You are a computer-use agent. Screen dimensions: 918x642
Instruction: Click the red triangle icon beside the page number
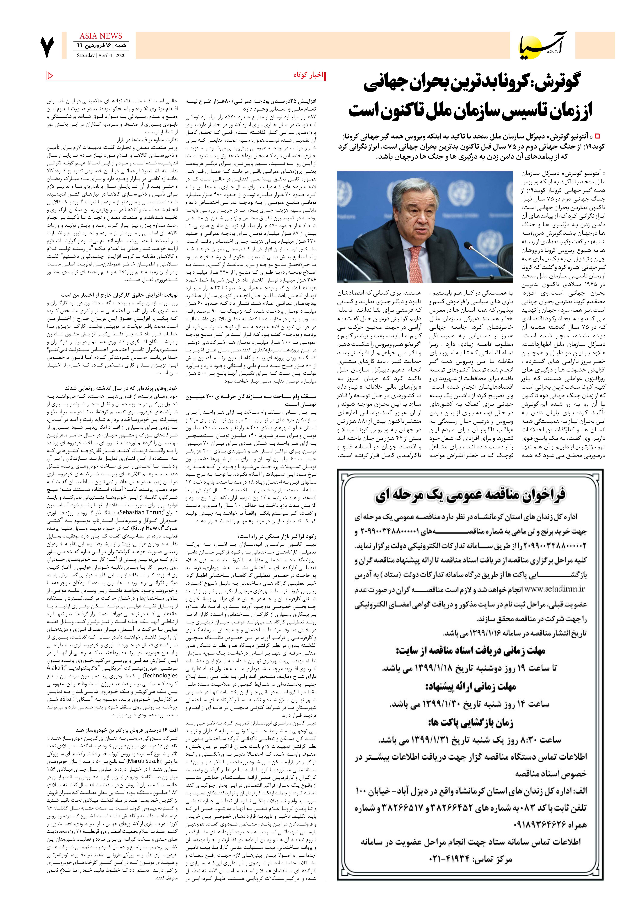50,75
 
